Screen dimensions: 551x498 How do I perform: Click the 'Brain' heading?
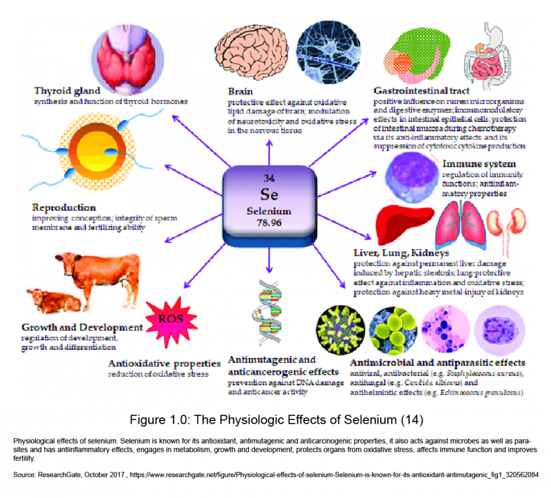click(241, 91)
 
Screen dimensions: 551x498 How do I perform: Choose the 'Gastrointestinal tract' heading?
click(422, 91)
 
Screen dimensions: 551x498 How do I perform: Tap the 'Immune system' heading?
click(479, 165)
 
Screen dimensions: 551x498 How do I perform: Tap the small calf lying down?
click(48, 300)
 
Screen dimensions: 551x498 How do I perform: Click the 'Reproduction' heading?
click(63, 207)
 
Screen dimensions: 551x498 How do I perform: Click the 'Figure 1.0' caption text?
click(275, 418)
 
